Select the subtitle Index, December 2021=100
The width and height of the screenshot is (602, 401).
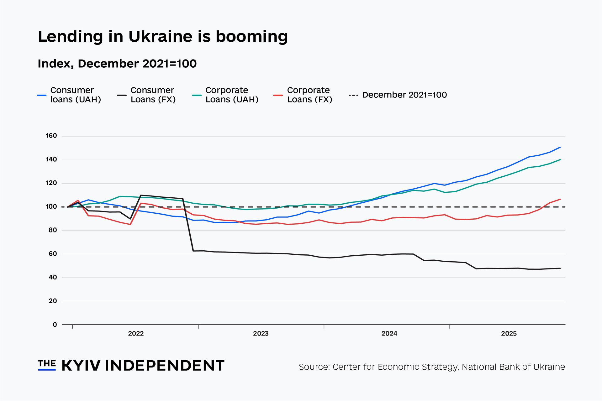click(117, 64)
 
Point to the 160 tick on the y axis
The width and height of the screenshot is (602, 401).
click(51, 136)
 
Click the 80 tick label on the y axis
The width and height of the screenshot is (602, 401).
click(53, 230)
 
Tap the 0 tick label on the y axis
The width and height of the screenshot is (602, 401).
click(55, 325)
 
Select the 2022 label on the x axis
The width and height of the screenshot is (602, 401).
click(136, 334)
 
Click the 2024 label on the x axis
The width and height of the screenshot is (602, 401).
click(389, 334)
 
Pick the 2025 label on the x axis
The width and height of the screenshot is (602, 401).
click(509, 334)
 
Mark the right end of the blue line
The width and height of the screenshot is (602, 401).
click(560, 147)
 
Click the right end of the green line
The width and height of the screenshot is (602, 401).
click(560, 160)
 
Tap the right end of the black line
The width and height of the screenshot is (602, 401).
click(560, 268)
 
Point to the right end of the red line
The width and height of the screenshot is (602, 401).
click(560, 199)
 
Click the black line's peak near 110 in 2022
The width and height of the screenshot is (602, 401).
click(141, 195)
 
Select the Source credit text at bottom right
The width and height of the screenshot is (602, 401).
click(432, 367)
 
